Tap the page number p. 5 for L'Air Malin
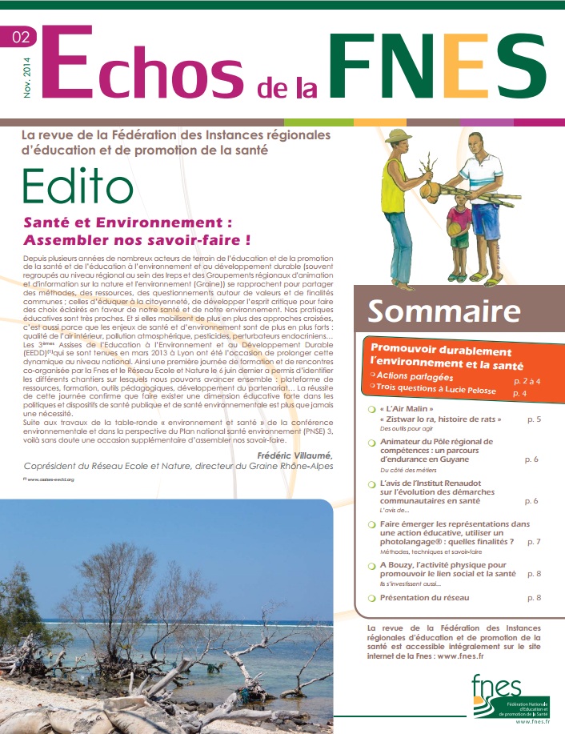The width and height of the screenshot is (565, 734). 534,419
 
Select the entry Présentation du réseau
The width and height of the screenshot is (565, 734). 424,597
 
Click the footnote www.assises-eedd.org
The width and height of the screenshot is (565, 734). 50,479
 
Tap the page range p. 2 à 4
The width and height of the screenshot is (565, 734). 527,382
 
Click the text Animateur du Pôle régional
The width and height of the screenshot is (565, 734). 436,441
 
